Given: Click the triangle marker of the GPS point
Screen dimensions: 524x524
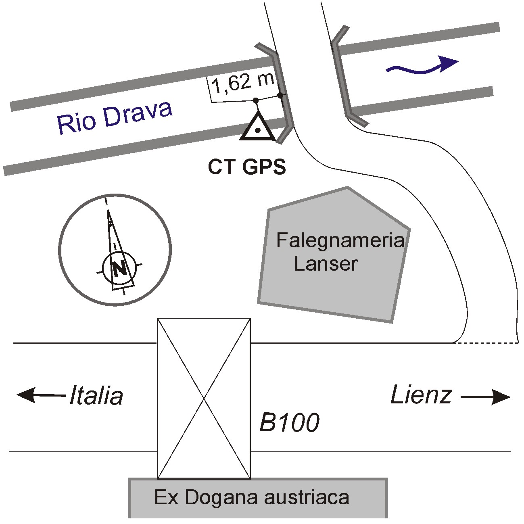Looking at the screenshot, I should coord(257,127).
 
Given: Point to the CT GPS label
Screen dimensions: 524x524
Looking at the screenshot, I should coord(247,167).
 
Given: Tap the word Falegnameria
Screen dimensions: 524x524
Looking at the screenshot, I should coord(340,241).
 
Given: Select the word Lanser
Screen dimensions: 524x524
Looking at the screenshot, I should coord(326,264).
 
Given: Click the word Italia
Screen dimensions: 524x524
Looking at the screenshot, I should coord(96,396).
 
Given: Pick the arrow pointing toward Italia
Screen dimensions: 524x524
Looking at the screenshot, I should coord(40,395).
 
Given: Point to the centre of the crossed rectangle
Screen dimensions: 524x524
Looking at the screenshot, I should coord(204,398).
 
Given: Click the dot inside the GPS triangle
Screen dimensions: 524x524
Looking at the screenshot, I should coord(257,131).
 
